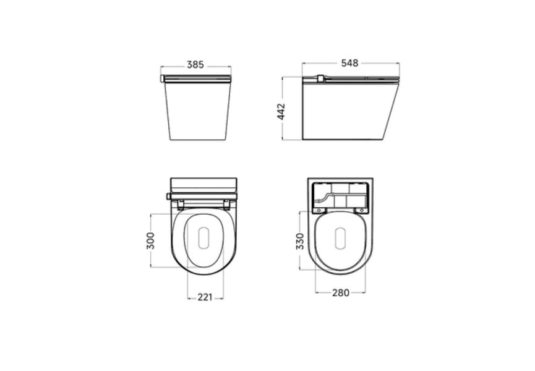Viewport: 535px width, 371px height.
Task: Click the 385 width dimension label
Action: coord(195,64)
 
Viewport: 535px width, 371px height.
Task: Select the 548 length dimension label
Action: coord(350,63)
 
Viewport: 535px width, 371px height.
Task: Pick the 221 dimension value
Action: coord(205,297)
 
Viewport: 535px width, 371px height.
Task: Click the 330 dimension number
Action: coord(299,241)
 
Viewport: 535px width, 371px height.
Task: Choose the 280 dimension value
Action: coord(340,292)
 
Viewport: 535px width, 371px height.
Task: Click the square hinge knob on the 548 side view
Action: coord(320,79)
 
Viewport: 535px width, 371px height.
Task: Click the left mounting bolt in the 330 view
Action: coord(319,210)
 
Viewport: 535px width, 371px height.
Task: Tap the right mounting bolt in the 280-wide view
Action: coord(361,210)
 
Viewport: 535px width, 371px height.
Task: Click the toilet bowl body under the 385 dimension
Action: coord(197,111)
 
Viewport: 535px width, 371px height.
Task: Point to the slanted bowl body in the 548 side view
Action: coord(346,111)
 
